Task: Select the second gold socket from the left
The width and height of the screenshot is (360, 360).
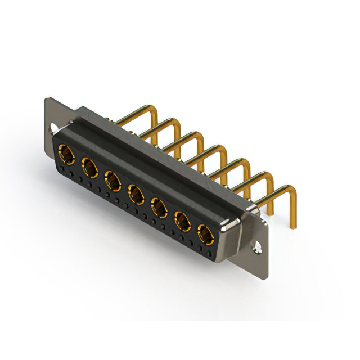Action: click(x=89, y=167)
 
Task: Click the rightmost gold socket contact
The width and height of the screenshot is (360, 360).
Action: click(x=205, y=235)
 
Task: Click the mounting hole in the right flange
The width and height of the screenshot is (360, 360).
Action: click(x=259, y=246)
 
